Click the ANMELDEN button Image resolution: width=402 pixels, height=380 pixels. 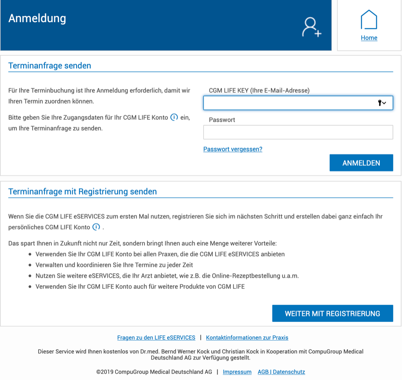tap(361, 163)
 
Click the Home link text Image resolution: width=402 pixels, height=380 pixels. tap(369, 38)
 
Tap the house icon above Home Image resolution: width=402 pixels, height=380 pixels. tap(369, 20)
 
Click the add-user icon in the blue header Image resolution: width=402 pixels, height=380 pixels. tap(311, 27)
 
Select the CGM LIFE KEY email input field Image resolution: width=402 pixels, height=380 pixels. tap(289, 103)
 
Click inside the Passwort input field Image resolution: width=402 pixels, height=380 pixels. tap(298, 132)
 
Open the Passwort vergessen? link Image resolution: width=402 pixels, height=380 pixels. tap(233, 149)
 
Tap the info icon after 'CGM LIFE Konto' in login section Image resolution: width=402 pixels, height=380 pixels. tap(174, 117)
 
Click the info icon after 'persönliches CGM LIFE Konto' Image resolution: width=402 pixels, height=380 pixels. tap(96, 227)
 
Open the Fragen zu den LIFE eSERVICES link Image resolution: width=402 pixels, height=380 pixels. tap(156, 338)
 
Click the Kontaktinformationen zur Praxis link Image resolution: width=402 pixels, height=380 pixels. tap(247, 338)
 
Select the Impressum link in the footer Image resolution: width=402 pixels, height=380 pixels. tap(237, 372)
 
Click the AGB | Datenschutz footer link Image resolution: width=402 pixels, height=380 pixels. tap(281, 372)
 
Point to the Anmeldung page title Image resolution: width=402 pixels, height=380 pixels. tap(37, 18)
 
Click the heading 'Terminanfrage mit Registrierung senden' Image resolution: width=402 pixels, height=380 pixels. tap(82, 192)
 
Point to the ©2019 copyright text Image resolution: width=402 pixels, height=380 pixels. tap(154, 372)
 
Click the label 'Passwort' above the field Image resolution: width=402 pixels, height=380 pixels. tap(222, 120)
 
